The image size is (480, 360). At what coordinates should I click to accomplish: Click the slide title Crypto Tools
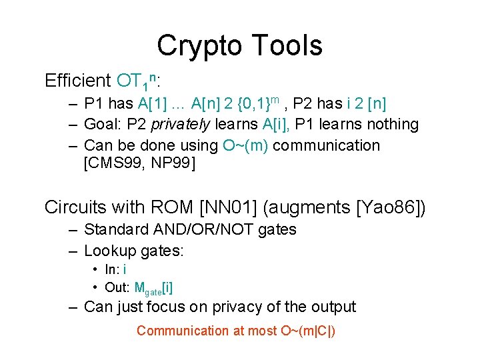point(239,45)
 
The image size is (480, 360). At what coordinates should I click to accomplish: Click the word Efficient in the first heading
point(77,81)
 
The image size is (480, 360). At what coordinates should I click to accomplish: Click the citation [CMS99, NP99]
point(140,163)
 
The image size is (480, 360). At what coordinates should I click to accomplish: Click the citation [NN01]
point(223,207)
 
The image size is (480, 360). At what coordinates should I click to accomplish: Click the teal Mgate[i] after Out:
point(154,288)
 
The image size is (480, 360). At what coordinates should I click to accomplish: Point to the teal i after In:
point(125,269)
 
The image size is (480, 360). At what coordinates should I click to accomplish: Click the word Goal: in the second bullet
point(102,125)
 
